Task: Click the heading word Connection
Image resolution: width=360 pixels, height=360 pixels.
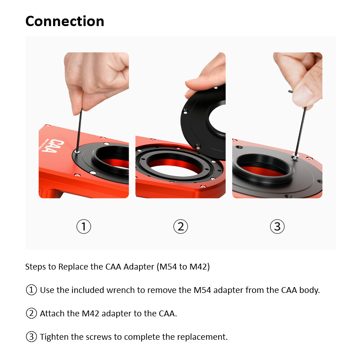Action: [64, 21]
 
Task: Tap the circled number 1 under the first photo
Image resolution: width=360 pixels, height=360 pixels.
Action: [84, 226]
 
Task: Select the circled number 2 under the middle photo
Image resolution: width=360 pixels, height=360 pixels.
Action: [180, 226]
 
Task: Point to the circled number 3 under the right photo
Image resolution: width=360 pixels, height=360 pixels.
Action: [277, 226]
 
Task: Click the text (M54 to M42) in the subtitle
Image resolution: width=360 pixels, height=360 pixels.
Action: [183, 266]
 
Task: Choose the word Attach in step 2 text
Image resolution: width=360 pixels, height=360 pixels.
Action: [52, 313]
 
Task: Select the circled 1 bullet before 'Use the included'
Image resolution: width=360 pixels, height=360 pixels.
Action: [31, 290]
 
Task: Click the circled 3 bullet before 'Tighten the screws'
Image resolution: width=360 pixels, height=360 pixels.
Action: [31, 337]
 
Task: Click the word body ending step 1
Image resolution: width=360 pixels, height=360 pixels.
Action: [310, 290]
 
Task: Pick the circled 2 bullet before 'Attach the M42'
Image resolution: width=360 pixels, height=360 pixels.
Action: [31, 313]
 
